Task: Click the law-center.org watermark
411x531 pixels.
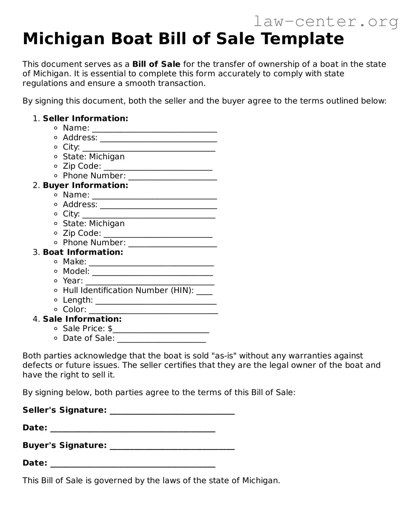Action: pos(325,22)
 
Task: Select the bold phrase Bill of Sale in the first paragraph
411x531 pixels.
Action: pos(156,64)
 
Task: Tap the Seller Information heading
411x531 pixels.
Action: pos(85,118)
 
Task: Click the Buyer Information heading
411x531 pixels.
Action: pos(85,185)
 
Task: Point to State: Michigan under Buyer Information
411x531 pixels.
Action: pos(94,223)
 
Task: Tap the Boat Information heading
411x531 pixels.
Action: pos(83,252)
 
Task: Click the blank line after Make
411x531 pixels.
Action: pos(151,263)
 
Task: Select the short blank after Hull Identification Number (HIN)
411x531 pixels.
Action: pos(204,292)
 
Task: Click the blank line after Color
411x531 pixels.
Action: pos(153,311)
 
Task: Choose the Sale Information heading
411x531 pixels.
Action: pos(82,319)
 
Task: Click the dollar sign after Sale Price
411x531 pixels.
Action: pos(110,329)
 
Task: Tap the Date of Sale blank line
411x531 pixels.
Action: pos(161,340)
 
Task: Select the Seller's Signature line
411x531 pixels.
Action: pos(172,411)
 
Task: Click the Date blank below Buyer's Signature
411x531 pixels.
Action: pos(132,465)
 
